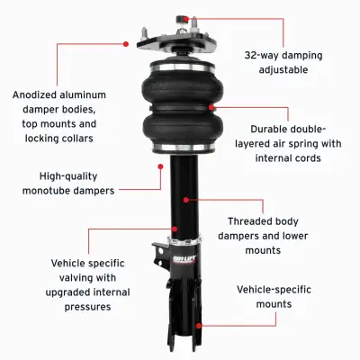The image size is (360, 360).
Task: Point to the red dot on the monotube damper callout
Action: [160, 166]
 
